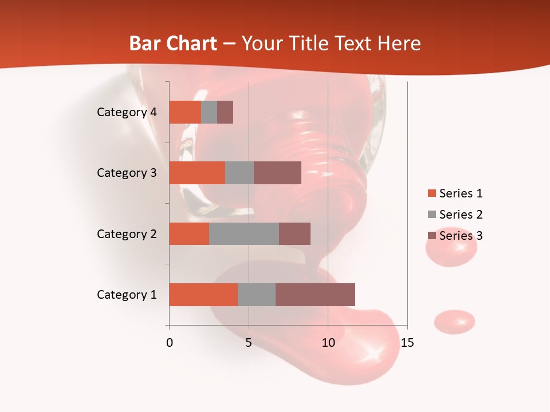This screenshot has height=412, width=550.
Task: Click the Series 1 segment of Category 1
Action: click(203, 295)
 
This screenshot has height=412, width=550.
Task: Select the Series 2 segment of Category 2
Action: click(243, 233)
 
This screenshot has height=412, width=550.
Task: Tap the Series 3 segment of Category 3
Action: click(277, 173)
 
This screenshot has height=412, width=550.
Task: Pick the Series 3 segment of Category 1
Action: click(315, 295)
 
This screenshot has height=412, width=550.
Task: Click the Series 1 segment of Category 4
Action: click(184, 112)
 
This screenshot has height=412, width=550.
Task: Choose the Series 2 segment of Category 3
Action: click(239, 173)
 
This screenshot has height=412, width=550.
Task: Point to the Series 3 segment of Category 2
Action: click(294, 233)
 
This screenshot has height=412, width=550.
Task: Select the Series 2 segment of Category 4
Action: click(209, 112)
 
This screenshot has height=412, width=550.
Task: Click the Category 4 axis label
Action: click(127, 112)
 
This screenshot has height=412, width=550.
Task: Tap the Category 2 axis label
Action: click(127, 233)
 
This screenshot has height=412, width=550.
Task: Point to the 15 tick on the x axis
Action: click(407, 343)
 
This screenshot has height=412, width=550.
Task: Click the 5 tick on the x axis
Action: click(249, 343)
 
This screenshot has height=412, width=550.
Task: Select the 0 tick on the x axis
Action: click(170, 343)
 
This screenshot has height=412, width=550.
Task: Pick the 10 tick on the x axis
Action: click(328, 343)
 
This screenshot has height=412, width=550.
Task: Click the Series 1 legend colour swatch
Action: click(431, 193)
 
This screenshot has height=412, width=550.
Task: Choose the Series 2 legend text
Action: click(461, 215)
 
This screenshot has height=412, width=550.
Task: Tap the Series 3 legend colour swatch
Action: click(431, 236)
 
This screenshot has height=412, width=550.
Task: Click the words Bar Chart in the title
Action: click(173, 43)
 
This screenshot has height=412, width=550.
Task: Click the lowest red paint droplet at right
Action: click(454, 322)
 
